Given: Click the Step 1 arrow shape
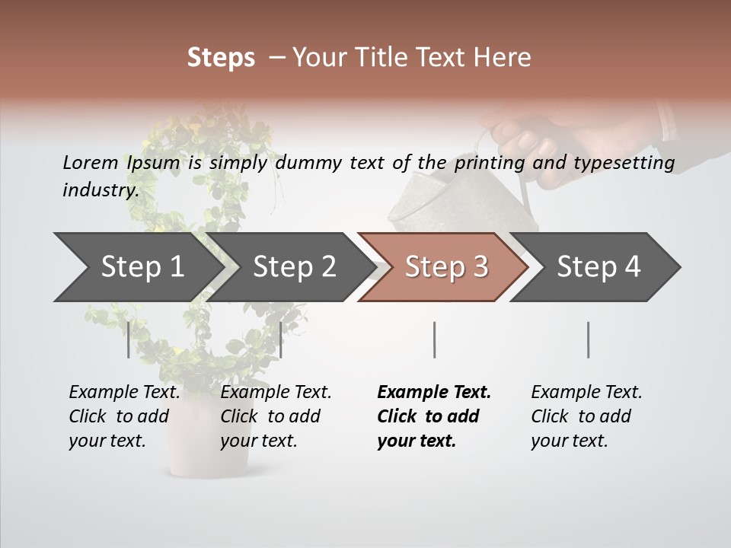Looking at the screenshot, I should (142, 267).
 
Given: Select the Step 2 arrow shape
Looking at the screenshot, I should (294, 267).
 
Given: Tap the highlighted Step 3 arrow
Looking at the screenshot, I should (446, 267).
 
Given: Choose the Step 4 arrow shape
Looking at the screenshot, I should (599, 267).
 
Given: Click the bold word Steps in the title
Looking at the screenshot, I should (221, 57).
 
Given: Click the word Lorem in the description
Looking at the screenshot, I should (90, 162).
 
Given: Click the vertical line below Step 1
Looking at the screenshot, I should (129, 339).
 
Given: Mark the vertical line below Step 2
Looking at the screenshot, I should (281, 339).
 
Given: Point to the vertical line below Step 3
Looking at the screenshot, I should (434, 339).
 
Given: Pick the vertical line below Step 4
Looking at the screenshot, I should (588, 339).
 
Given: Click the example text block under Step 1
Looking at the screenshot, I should (124, 416).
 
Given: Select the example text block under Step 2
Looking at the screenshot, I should (276, 416).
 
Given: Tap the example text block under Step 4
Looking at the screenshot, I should (586, 416).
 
